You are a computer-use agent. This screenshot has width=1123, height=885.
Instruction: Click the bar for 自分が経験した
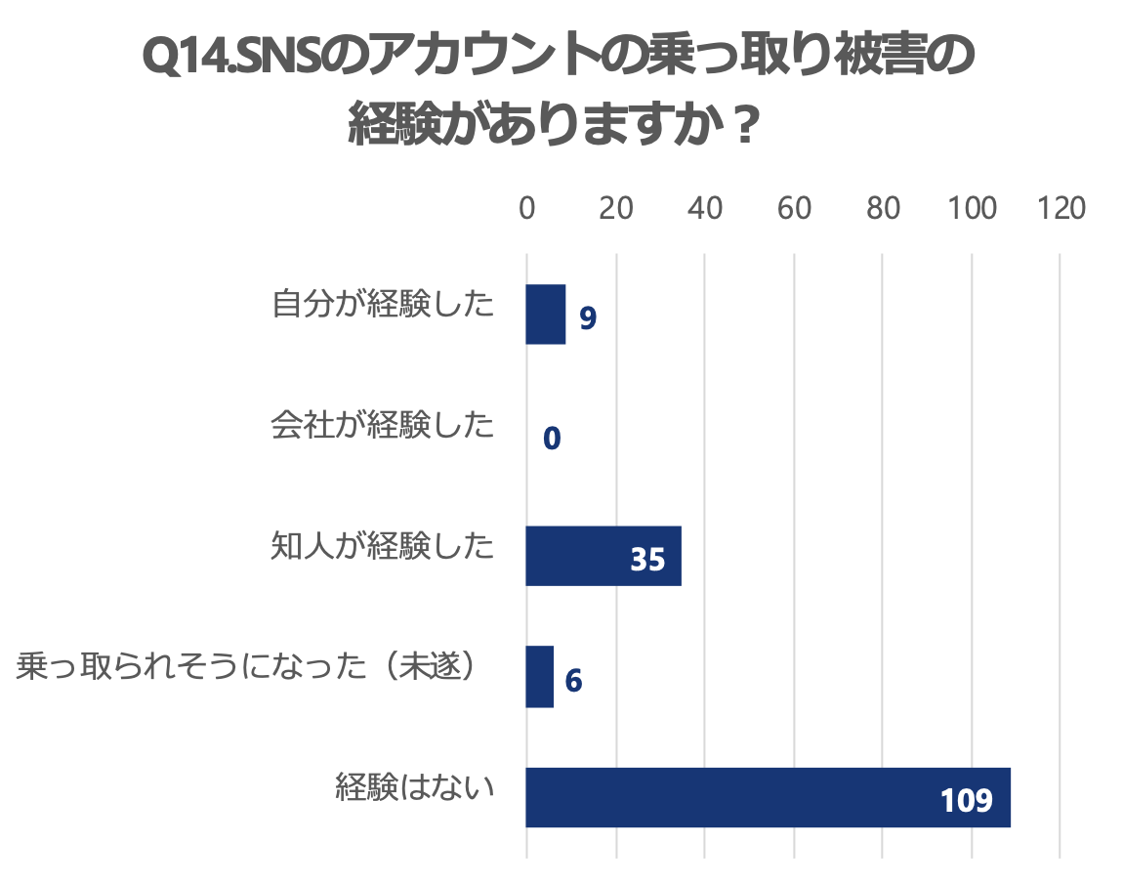pyautogui.click(x=546, y=315)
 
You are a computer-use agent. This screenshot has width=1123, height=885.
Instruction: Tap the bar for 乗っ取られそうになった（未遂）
pyautogui.click(x=540, y=677)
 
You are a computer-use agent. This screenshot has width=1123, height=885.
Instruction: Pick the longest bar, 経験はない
pyautogui.click(x=768, y=798)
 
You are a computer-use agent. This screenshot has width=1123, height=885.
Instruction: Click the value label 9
pyautogui.click(x=587, y=318)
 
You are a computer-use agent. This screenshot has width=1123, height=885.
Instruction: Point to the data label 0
pyautogui.click(x=552, y=440)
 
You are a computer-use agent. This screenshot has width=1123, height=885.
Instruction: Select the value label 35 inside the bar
pyautogui.click(x=647, y=560)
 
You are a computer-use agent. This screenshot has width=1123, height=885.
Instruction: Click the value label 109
pyautogui.click(x=967, y=802)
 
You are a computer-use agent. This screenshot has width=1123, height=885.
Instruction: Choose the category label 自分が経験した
pyautogui.click(x=383, y=306)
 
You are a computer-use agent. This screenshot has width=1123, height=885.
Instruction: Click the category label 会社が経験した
pyautogui.click(x=383, y=427)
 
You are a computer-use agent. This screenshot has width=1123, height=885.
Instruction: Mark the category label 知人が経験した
pyautogui.click(x=383, y=547)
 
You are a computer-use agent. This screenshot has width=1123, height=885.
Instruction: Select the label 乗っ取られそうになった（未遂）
pyautogui.click(x=252, y=668)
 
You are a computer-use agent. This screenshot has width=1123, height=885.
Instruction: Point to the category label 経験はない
pyautogui.click(x=415, y=788)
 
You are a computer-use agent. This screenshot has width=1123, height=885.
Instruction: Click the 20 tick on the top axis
pyautogui.click(x=616, y=209)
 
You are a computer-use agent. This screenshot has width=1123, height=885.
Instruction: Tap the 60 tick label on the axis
pyautogui.click(x=794, y=209)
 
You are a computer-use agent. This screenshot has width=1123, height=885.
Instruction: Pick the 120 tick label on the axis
pyautogui.click(x=1062, y=209)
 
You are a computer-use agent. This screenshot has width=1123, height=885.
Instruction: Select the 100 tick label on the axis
pyautogui.click(x=973, y=209)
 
